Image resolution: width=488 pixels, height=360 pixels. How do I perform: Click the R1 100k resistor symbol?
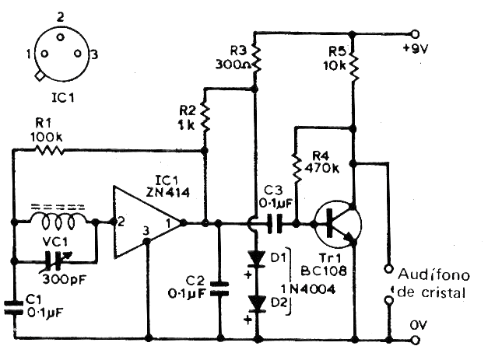(50, 151)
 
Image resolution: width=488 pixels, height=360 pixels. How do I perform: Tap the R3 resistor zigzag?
(256, 60)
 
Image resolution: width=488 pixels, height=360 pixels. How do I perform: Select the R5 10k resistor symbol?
(353, 66)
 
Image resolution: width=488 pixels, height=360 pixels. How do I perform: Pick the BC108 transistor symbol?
(338, 224)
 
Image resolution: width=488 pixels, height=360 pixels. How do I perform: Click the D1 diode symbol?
(257, 259)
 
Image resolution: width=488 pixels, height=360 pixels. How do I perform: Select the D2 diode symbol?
(257, 303)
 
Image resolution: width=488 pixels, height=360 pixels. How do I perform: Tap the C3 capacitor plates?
(275, 223)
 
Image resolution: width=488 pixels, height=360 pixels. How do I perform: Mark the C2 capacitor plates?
(219, 288)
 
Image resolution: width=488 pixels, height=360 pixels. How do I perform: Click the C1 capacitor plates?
(13, 307)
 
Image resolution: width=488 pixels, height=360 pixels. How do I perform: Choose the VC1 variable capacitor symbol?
(55, 260)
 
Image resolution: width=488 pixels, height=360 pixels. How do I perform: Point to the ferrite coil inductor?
(58, 218)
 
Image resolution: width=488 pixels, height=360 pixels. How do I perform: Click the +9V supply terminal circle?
(415, 33)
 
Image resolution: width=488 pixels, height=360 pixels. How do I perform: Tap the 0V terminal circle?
(415, 340)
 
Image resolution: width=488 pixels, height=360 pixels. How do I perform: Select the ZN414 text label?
(168, 193)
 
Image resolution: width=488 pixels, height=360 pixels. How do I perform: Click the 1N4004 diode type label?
(307, 289)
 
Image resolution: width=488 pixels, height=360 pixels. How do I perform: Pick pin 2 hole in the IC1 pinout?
(60, 37)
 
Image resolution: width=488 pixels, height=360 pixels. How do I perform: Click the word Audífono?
(434, 274)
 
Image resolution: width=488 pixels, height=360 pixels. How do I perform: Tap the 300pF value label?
(64, 279)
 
